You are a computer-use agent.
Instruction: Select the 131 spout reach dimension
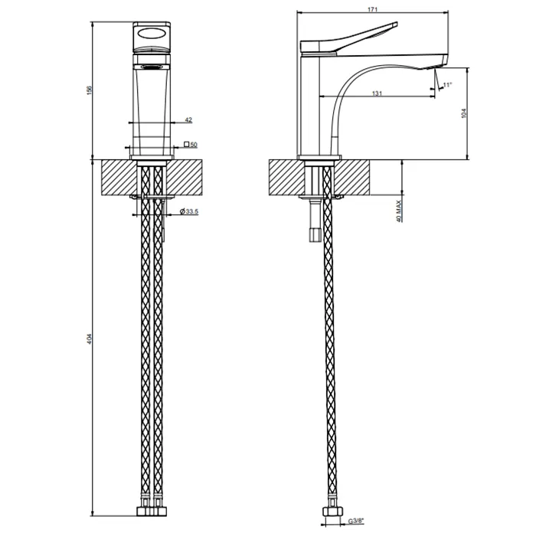click(377, 93)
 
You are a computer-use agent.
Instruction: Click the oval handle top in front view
click(150, 32)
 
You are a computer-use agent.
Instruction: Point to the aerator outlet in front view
click(150, 67)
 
